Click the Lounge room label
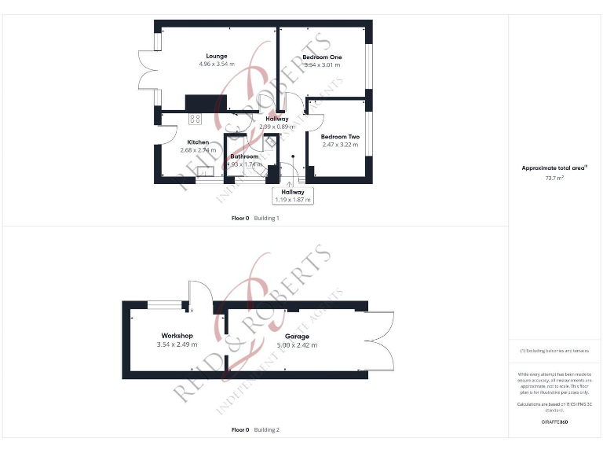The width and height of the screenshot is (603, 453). click(x=217, y=56)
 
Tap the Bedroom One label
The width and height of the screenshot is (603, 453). click(x=322, y=57)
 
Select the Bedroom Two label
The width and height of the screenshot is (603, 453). click(x=340, y=137)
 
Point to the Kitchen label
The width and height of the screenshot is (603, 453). click(x=198, y=142)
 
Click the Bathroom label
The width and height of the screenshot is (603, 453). click(x=244, y=157)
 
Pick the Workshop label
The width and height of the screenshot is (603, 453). click(x=177, y=336)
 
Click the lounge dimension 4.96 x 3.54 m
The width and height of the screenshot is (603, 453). click(x=217, y=64)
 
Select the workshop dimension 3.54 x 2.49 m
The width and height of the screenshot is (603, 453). click(x=177, y=344)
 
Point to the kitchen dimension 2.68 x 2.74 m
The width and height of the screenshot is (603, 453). click(x=198, y=150)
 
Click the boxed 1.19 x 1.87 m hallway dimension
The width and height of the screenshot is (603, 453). click(x=293, y=200)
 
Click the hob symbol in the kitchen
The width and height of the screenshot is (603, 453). click(x=195, y=120)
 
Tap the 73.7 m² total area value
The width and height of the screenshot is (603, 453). click(x=555, y=178)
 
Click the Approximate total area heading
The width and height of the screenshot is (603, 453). click(x=554, y=168)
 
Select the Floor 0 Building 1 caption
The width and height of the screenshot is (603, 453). click(x=255, y=218)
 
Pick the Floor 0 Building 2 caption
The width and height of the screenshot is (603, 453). click(x=255, y=430)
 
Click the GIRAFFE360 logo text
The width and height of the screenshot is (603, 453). click(x=554, y=422)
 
